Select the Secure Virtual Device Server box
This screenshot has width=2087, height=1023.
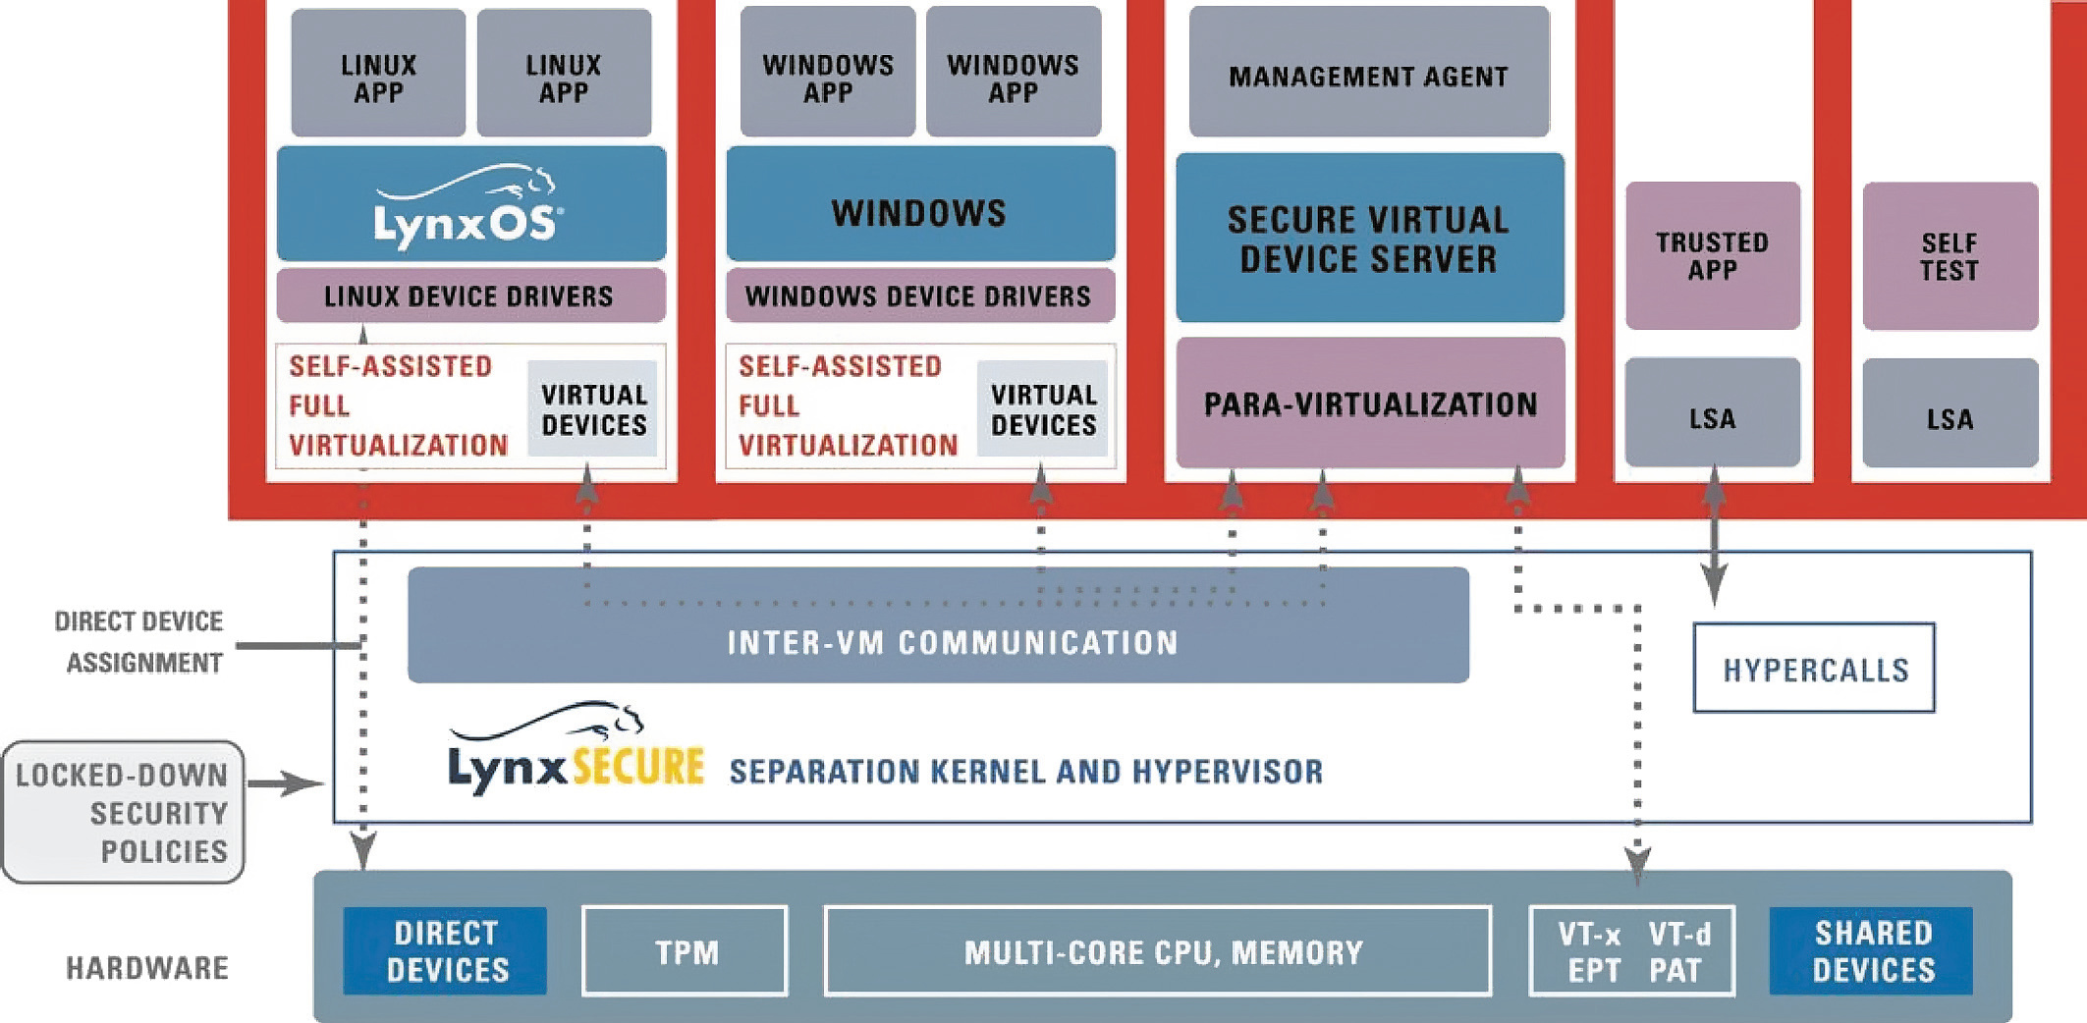[1369, 238]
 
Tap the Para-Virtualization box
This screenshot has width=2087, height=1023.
[1370, 403]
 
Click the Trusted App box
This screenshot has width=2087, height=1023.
[1712, 255]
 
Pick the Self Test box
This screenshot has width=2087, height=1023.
[1950, 255]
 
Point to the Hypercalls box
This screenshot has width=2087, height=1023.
[1814, 669]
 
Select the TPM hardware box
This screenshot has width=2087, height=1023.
[685, 951]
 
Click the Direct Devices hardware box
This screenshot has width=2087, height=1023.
[445, 951]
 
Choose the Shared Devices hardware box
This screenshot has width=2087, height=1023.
[1871, 951]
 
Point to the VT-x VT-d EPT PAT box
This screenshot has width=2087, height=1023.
[1632, 951]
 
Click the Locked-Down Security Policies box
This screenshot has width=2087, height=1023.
[124, 812]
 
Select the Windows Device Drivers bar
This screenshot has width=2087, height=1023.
[919, 296]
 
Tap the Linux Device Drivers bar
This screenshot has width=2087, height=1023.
[470, 296]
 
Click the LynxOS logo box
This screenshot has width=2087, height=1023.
[470, 204]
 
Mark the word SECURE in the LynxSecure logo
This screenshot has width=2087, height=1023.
[638, 767]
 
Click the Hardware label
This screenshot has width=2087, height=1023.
[147, 968]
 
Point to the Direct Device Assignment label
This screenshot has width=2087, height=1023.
[139, 642]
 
